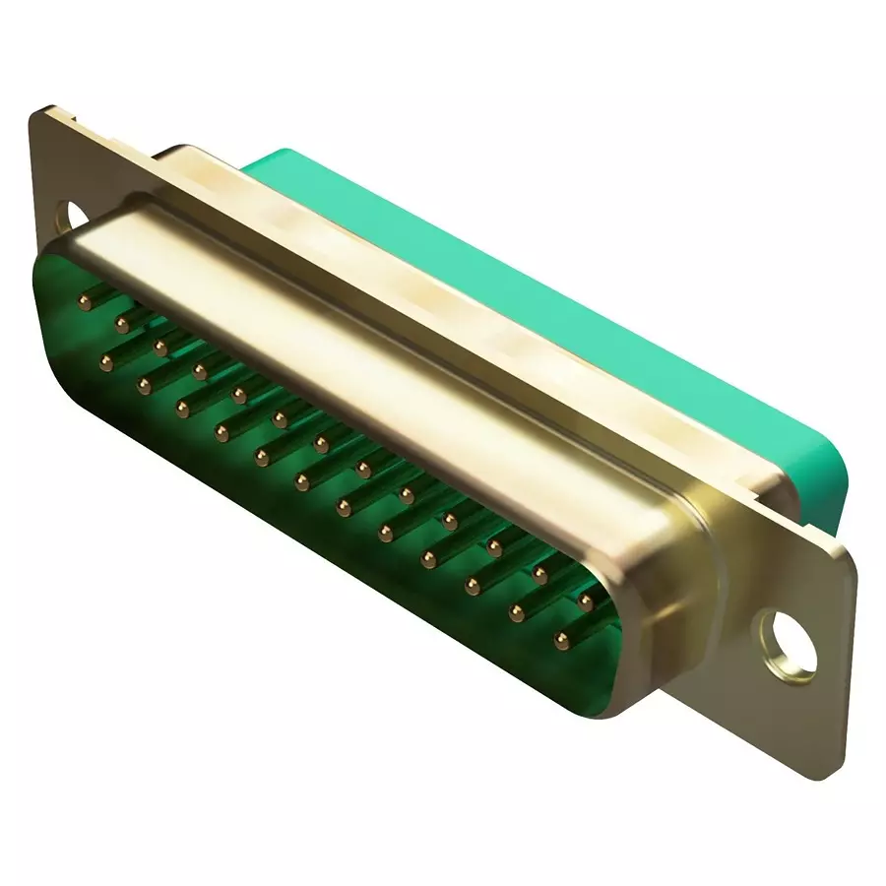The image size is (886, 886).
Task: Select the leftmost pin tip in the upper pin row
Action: coord(85,297)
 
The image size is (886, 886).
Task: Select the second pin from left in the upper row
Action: coord(123,322)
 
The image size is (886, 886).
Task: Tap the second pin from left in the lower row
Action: coord(143,384)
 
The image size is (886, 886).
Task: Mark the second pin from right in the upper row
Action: coord(539,570)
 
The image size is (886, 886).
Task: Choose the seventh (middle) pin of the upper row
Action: coord(321,444)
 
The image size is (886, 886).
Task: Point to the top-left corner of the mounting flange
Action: coord(41,113)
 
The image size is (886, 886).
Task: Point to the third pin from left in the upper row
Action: coord(160,347)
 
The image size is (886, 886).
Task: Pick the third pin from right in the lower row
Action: coord(474,587)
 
